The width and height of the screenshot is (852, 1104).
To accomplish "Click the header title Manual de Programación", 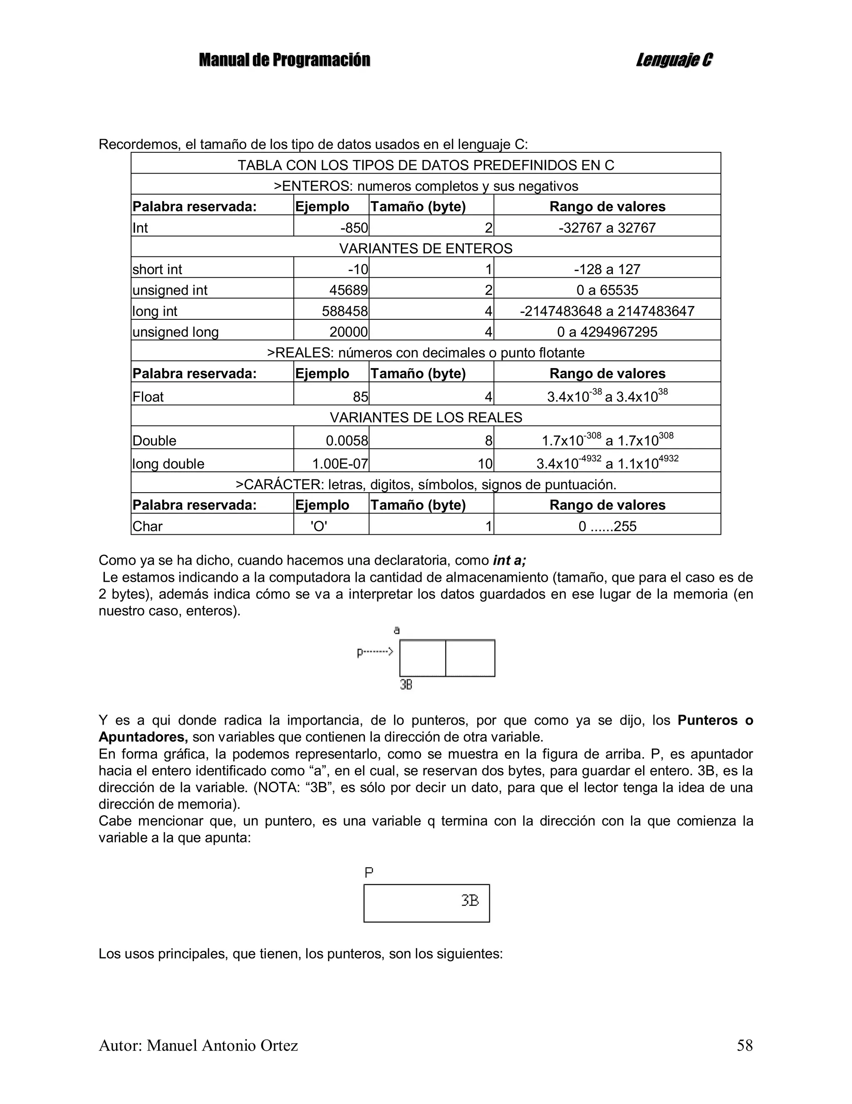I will [284, 60].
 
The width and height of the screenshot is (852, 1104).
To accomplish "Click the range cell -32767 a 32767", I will [607, 228].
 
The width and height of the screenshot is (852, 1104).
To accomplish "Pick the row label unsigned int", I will [170, 290].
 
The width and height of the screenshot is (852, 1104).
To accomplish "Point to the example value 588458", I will [345, 312].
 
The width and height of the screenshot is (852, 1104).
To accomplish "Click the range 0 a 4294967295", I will [607, 332].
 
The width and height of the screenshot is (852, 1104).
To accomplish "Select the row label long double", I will [168, 464].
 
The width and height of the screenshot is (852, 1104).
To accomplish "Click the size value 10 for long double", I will [485, 464].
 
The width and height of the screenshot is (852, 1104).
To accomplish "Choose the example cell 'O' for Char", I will [319, 526].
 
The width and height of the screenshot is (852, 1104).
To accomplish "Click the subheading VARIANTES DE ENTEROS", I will [425, 249].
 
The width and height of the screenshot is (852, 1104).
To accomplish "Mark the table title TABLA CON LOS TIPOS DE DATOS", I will [425, 165].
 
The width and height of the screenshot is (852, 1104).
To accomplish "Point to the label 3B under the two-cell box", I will [406, 685].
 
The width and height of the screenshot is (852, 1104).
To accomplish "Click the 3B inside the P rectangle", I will [470, 900].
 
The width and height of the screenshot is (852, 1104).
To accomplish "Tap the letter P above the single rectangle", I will [369, 872].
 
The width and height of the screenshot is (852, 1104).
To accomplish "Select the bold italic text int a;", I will [509, 560].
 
